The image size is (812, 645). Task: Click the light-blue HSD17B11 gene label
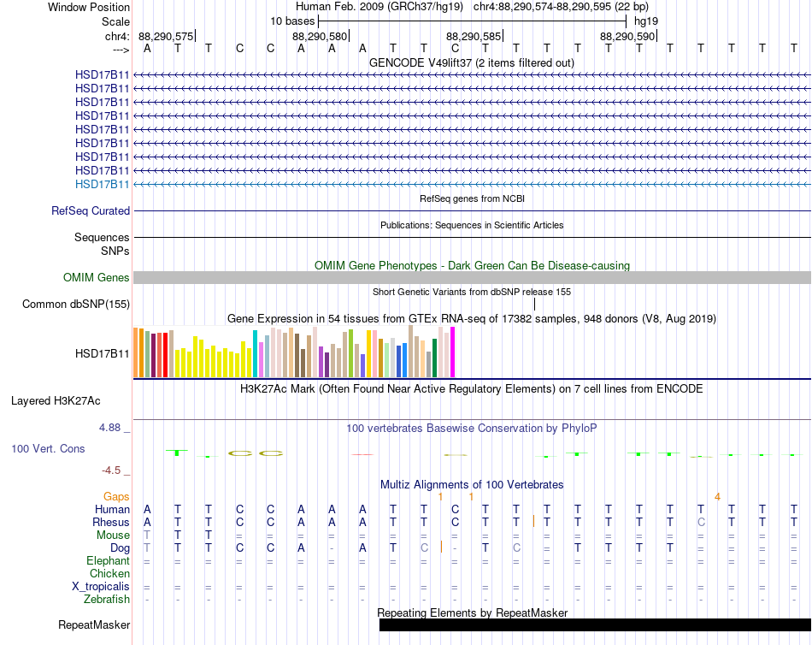point(102,184)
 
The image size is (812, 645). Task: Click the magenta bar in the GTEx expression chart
point(453,352)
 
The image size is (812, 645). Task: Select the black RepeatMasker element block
point(595,624)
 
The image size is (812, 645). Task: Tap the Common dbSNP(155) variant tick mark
point(534,305)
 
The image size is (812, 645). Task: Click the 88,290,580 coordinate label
point(320,36)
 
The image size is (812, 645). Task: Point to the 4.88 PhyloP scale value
point(109,428)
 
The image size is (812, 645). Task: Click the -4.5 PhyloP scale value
point(111,470)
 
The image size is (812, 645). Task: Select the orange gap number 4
point(717,497)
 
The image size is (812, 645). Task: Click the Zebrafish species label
point(107,600)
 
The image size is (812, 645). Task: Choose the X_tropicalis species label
point(101,587)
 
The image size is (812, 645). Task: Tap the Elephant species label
point(109,561)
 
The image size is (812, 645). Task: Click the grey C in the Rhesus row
point(701,522)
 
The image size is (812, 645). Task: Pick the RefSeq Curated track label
point(91,211)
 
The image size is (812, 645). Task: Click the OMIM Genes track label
point(97,277)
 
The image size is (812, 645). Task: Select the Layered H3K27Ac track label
point(56,401)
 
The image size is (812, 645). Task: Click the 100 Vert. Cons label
point(48,448)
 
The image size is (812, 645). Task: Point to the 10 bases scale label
point(292,21)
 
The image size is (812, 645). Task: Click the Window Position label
point(89,7)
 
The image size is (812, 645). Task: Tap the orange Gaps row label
point(116,497)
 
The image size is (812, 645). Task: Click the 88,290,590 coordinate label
point(627,36)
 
